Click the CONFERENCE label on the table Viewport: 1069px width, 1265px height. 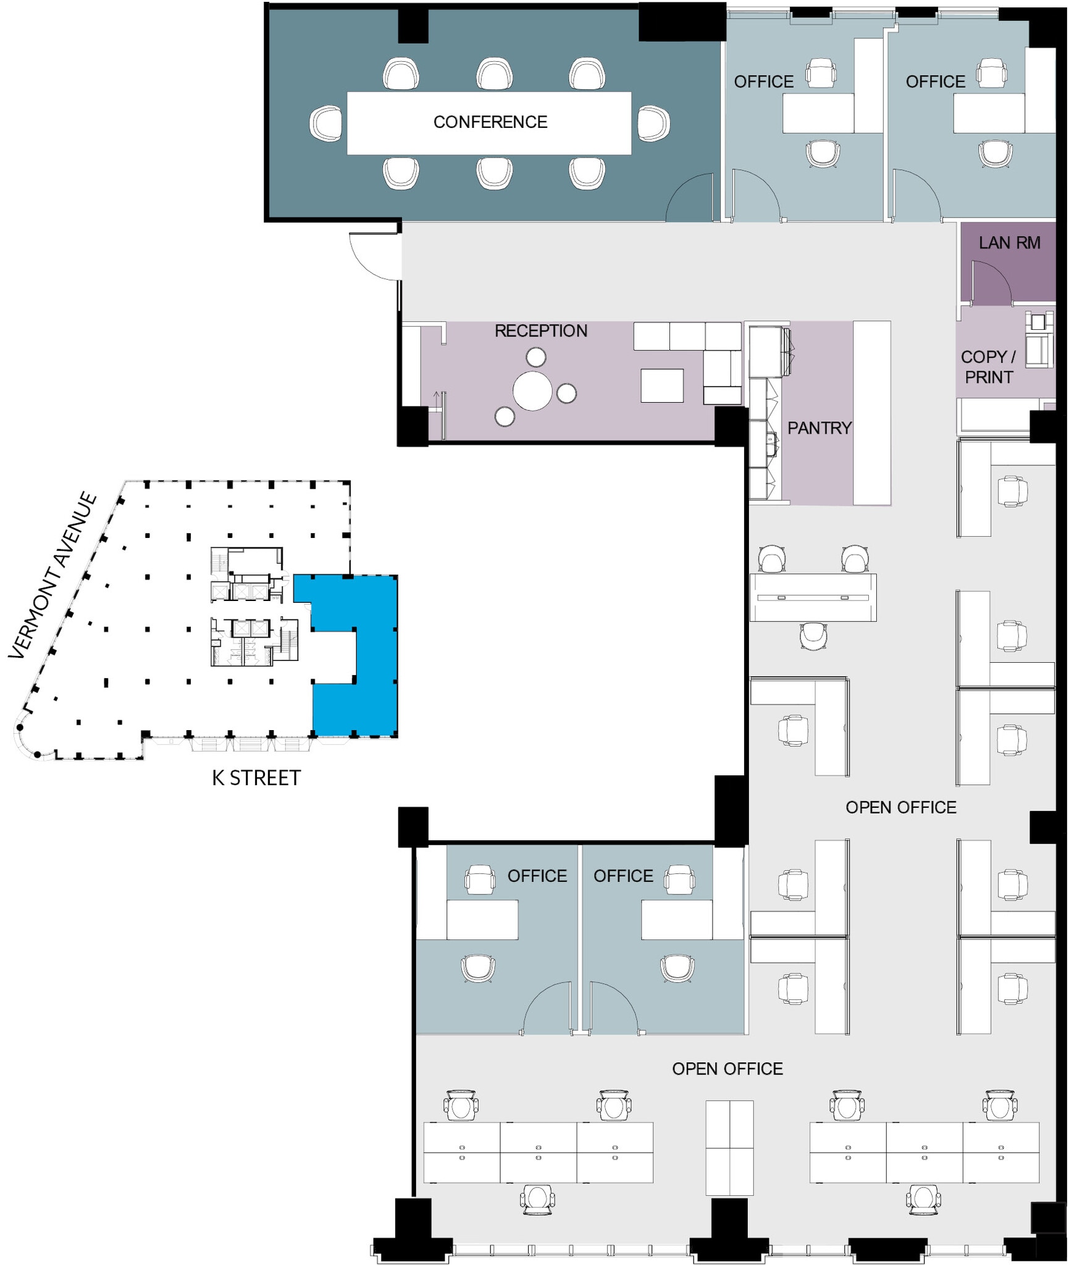pos(490,122)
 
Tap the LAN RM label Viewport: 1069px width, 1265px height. pos(1008,243)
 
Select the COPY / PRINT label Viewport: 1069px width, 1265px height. pos(988,367)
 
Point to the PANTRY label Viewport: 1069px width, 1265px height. pos(819,428)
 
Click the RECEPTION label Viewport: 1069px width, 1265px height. pos(540,331)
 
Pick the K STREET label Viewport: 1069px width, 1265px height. pos(256,778)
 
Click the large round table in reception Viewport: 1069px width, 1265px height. pos(532,391)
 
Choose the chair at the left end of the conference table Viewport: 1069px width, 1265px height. pos(325,124)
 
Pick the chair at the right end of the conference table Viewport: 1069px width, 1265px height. pos(653,124)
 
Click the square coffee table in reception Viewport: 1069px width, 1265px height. pos(661,385)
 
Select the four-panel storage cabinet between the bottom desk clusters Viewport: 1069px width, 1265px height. pos(729,1148)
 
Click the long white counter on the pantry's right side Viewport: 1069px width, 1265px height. pos(871,413)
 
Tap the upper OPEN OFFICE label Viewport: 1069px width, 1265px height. pos(900,807)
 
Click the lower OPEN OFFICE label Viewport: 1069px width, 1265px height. pos(727,1069)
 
